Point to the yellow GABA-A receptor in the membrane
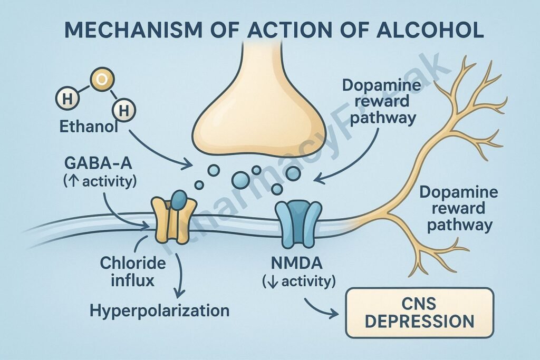coord(169,220)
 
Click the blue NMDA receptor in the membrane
coord(298,223)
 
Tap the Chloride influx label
coord(132,270)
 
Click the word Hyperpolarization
coord(159,310)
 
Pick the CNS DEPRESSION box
coord(419,312)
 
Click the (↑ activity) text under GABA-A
coord(98,182)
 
